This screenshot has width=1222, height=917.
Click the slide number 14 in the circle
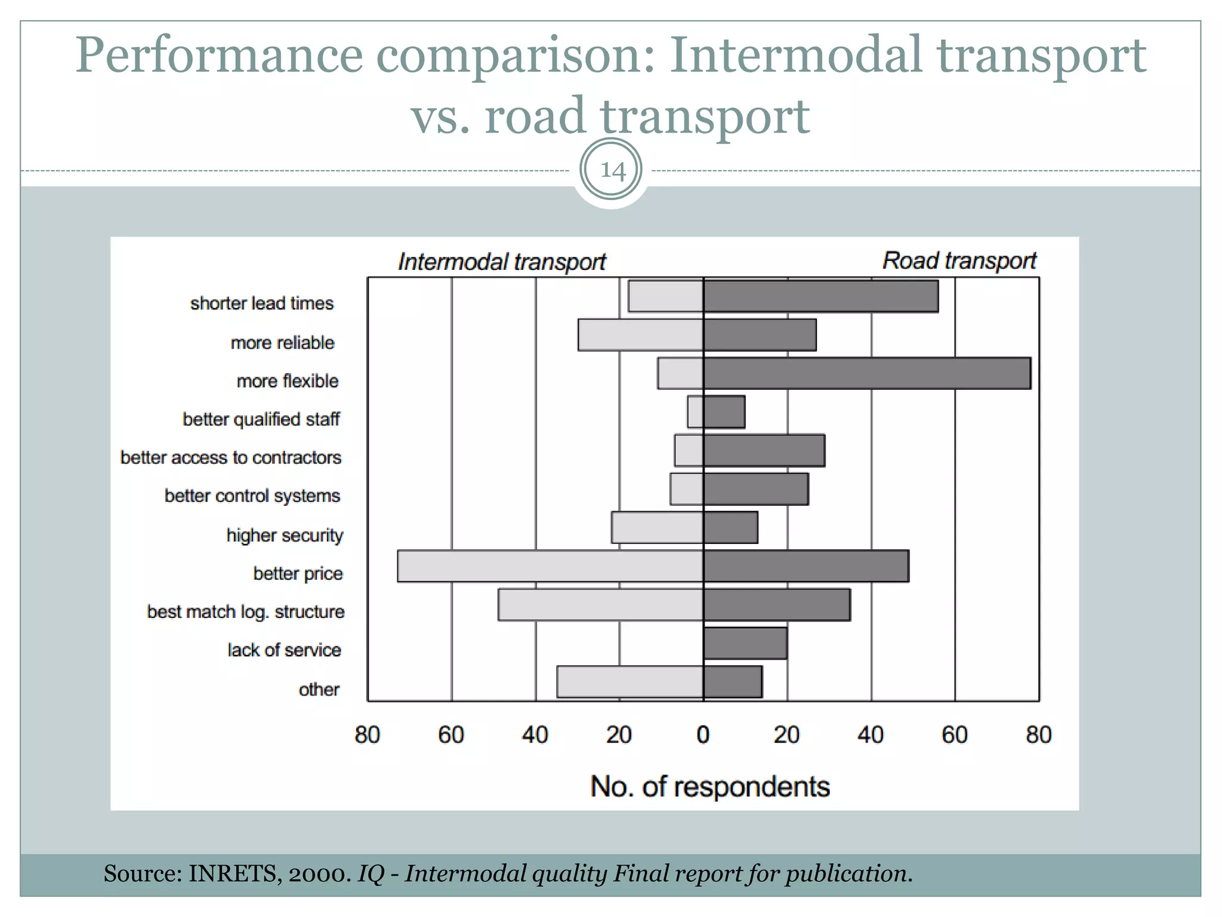pos(611,170)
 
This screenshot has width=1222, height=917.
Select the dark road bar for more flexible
pos(866,374)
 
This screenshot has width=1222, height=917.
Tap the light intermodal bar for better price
pos(550,566)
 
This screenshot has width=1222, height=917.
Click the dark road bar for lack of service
pos(745,643)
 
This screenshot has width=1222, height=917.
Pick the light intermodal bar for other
pos(630,682)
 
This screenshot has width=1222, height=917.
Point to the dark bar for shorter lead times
pos(820,297)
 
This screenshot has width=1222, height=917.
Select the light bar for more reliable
pos(640,335)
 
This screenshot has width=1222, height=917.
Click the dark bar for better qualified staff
pos(724,412)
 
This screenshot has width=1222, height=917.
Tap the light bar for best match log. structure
pos(600,605)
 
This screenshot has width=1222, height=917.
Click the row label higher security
pos(285,535)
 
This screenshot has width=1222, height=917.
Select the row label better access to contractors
pos(231,457)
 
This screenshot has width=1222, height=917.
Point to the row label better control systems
pos(252,496)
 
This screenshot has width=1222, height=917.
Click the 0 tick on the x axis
pos(703,735)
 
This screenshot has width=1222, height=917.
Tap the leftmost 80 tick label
pos(367,735)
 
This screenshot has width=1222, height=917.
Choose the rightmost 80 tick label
pos(1038,735)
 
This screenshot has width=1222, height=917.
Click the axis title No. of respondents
pos(709,787)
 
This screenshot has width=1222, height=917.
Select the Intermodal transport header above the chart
pos(502,262)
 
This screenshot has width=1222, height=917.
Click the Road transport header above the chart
pos(959,261)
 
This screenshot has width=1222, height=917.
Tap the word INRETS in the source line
pos(232,873)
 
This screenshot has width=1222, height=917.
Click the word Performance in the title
pos(218,56)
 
